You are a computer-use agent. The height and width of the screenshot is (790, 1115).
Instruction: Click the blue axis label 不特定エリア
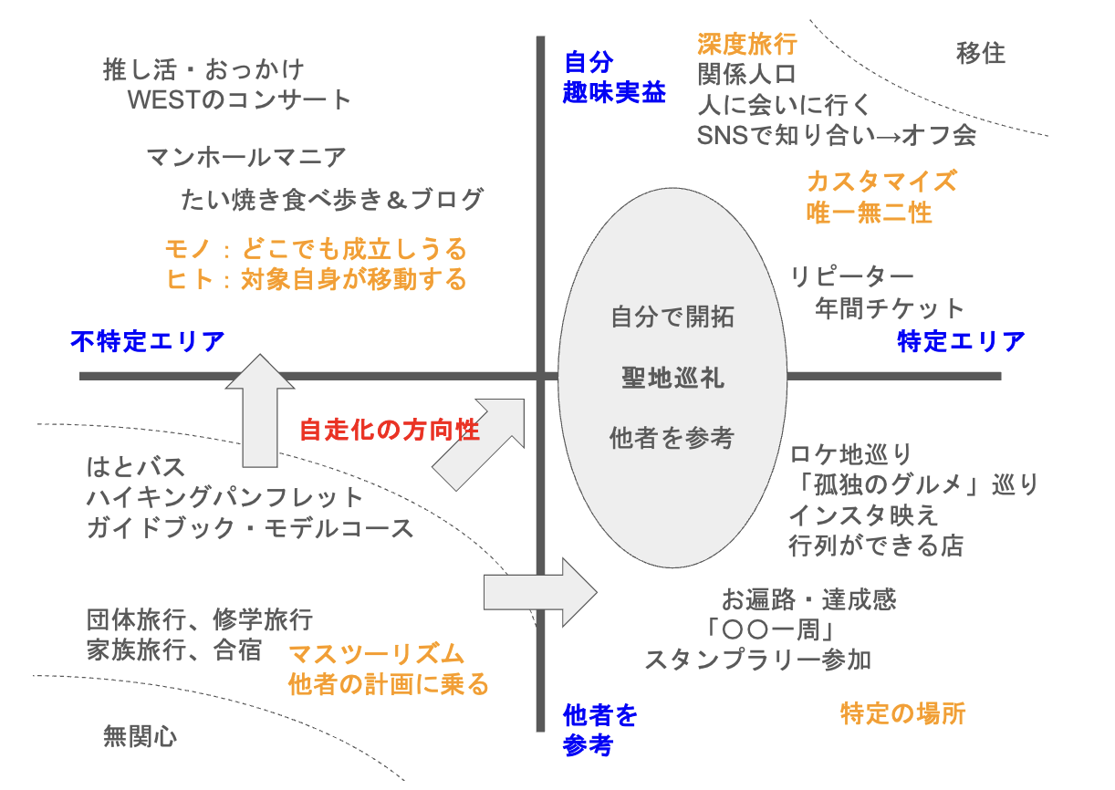pyautogui.click(x=148, y=342)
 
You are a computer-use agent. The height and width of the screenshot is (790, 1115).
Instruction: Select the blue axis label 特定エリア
pyautogui.click(x=961, y=342)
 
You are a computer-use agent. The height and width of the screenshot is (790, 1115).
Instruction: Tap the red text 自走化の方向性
pyautogui.click(x=390, y=430)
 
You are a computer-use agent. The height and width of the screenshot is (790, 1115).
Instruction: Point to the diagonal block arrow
pyautogui.click(x=480, y=442)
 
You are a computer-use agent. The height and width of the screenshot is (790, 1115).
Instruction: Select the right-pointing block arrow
pyautogui.click(x=538, y=592)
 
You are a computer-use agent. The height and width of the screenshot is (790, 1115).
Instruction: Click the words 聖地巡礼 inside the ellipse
pyautogui.click(x=672, y=378)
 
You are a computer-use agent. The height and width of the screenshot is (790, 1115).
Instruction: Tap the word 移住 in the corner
pyautogui.click(x=981, y=53)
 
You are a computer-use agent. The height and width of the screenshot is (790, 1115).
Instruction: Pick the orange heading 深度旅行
pyautogui.click(x=746, y=44)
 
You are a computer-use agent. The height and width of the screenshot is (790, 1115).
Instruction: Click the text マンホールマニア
pyautogui.click(x=246, y=158)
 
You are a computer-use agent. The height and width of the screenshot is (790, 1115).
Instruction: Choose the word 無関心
pyautogui.click(x=140, y=736)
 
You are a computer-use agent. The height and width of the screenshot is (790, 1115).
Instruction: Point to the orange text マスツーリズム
pyautogui.click(x=376, y=654)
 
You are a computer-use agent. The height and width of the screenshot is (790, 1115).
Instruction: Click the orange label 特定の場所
pyautogui.click(x=901, y=713)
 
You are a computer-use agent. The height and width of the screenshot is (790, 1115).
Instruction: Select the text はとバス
pyautogui.click(x=136, y=468)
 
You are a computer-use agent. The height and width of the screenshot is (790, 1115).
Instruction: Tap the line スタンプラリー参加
pyautogui.click(x=757, y=660)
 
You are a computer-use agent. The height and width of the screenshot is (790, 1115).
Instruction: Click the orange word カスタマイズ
pyautogui.click(x=881, y=181)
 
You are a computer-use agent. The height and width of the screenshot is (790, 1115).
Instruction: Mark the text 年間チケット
pyautogui.click(x=890, y=308)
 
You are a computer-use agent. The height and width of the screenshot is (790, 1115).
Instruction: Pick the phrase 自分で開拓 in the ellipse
pyautogui.click(x=672, y=317)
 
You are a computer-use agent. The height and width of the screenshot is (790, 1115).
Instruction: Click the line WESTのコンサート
pyautogui.click(x=240, y=99)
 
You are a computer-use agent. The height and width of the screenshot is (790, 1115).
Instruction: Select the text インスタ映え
pyautogui.click(x=863, y=515)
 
